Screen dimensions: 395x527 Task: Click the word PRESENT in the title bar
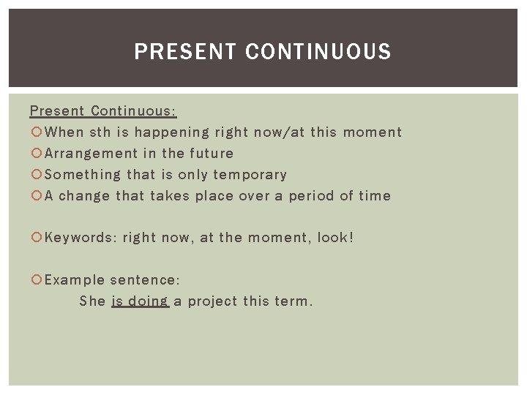(x=186, y=52)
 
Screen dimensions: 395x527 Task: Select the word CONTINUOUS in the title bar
(x=318, y=52)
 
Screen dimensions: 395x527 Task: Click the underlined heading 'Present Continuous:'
(x=103, y=111)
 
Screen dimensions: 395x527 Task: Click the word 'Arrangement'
(x=91, y=154)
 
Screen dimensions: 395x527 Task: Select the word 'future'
(x=212, y=154)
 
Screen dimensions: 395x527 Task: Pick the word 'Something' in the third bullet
(x=83, y=175)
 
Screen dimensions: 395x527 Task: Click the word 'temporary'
(x=250, y=175)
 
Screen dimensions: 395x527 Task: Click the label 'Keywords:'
(x=80, y=238)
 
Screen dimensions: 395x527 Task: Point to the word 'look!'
(x=335, y=238)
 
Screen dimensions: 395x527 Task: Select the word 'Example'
(x=74, y=280)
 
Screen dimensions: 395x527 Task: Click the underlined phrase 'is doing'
(x=140, y=301)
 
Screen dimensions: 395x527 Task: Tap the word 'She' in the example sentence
(x=93, y=301)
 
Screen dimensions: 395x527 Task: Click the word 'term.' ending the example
(x=293, y=301)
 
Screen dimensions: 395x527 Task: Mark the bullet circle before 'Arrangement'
(x=36, y=154)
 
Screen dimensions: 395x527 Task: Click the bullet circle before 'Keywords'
(x=36, y=238)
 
